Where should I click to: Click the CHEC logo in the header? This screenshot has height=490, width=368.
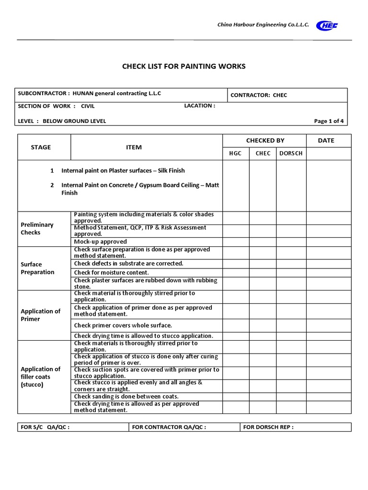pos(327,26)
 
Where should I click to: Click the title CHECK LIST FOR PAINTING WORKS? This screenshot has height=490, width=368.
pos(184,66)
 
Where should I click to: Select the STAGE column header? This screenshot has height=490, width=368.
pos(41,147)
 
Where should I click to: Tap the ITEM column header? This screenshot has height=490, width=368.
pos(134,147)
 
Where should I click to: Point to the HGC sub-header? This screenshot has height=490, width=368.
pos(236,153)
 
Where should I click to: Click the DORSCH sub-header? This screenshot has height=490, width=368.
pos(291,153)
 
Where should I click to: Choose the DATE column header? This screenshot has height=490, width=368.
pos(326,140)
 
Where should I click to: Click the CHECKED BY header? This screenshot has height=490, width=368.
pos(265,140)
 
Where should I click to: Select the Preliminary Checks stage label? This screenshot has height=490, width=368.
pos(37,228)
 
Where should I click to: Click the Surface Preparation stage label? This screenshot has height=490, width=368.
pos(37,268)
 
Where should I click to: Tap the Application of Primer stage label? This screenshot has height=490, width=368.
pos(40,315)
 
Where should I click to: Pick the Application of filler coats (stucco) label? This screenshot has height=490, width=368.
pos(40,377)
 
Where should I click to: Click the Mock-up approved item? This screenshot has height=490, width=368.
pos(101,242)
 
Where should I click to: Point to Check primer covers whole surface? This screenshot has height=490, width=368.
pos(123,325)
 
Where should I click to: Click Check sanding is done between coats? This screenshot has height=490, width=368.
pos(126,396)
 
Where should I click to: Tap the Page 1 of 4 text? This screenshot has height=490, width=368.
pos(329,121)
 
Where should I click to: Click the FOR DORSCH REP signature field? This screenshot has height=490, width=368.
pos(268,427)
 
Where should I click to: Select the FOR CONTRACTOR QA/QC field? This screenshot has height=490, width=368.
pos(169,427)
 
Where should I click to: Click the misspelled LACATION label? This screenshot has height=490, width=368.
pos(199,106)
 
